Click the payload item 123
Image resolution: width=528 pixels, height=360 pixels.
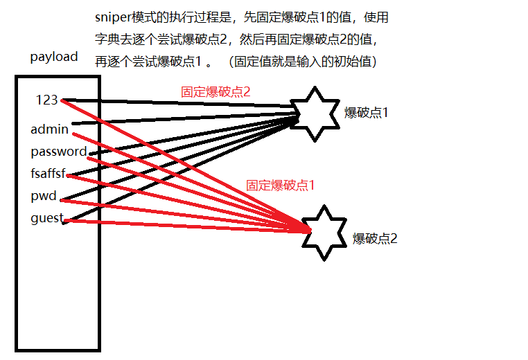[46, 100]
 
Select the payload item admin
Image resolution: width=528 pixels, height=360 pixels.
[49, 129]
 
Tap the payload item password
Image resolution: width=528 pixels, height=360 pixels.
[58, 151]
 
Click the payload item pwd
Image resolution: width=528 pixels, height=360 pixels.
[43, 196]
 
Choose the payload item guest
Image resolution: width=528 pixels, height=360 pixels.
[46, 219]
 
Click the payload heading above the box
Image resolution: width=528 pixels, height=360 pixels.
[54, 57]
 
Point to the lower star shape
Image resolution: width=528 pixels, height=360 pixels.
[325, 233]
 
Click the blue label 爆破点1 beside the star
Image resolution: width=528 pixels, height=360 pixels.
[367, 111]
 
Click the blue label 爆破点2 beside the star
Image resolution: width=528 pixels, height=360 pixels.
[375, 238]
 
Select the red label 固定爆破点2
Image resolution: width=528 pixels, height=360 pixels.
[215, 91]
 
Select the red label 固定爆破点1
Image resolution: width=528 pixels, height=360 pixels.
[280, 185]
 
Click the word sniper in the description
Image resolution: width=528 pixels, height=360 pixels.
[113, 17]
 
